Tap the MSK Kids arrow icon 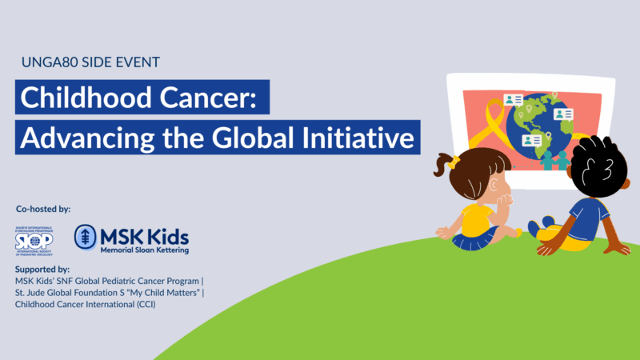[x=86, y=238]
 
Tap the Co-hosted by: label [x=43, y=209]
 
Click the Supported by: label [x=42, y=270]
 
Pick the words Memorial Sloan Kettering [x=144, y=250]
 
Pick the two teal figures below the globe [x=555, y=159]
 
